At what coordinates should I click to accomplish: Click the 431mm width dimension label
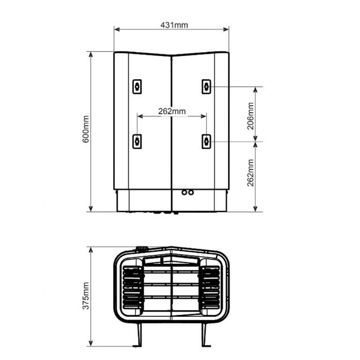(174, 25)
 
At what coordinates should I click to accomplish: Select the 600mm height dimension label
(86, 129)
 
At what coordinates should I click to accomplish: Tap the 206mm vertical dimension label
(250, 116)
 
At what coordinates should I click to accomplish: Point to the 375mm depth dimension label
(86, 296)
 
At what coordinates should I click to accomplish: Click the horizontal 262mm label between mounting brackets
(172, 112)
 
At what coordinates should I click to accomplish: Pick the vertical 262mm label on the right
(250, 172)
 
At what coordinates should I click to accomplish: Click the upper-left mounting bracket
(137, 87)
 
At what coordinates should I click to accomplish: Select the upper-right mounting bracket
(206, 87)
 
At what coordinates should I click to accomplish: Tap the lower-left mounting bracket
(137, 142)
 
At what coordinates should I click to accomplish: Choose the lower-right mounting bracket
(206, 142)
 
